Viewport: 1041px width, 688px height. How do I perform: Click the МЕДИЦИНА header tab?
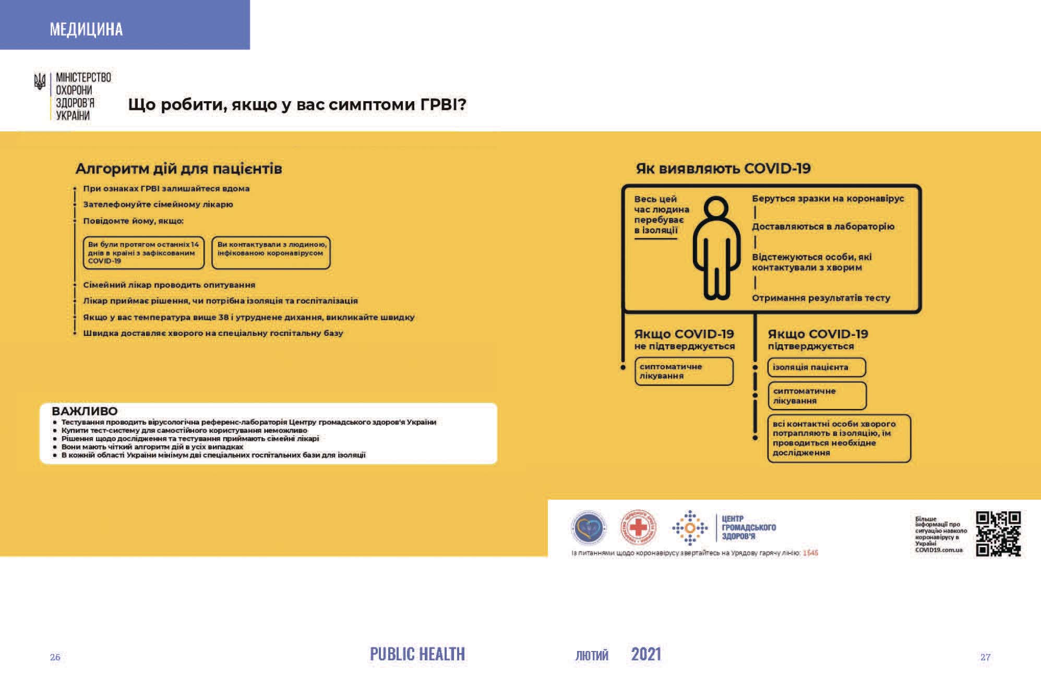87,29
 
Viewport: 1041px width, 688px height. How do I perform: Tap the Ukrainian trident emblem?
40,82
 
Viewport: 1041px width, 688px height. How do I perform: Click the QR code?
998,534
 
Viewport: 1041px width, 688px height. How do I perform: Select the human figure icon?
716,248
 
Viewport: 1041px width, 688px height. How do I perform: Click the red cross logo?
638,527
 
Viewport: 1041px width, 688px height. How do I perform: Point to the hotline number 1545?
810,553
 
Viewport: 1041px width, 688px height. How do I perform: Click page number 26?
55,657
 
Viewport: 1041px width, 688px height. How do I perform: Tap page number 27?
985,657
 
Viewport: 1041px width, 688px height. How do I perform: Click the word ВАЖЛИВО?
85,411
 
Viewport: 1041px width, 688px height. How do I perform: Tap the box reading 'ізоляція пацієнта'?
816,367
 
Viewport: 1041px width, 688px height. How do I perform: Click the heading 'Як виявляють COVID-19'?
723,168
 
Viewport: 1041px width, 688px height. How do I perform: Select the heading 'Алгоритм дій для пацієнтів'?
178,169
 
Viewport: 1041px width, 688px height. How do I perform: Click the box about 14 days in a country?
143,253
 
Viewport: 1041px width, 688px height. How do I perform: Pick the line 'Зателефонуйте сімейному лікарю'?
158,204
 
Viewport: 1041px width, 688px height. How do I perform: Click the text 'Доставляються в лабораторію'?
823,226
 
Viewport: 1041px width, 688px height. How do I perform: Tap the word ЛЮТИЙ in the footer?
592,656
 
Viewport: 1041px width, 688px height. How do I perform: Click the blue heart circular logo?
589,527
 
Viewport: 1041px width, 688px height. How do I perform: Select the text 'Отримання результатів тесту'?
821,298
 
